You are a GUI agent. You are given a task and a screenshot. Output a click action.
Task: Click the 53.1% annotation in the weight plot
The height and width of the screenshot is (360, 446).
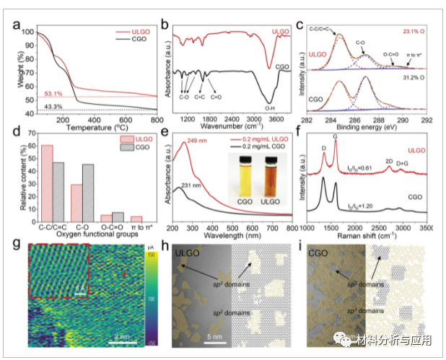[55, 93]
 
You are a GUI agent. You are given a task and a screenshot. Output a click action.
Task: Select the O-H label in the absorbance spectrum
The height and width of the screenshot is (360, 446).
[271, 107]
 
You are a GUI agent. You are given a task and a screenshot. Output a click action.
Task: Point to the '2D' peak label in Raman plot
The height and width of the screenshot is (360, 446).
[390, 161]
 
